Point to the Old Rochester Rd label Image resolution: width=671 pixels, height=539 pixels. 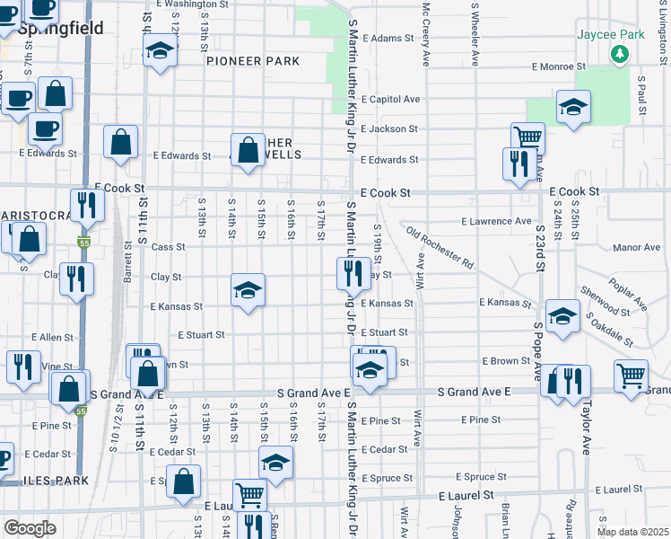[x=440, y=248]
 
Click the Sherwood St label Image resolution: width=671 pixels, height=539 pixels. [x=605, y=301]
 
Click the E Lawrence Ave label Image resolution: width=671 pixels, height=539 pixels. [x=496, y=221]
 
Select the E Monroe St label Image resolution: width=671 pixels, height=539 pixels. [x=558, y=66]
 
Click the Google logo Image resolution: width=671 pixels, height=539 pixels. [x=30, y=528]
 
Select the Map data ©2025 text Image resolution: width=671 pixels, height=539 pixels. [x=632, y=532]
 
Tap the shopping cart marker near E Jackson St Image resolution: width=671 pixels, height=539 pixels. [x=527, y=137]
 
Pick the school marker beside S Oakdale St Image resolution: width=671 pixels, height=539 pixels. [x=562, y=316]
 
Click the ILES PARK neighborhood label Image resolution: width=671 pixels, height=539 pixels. [x=45, y=482]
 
